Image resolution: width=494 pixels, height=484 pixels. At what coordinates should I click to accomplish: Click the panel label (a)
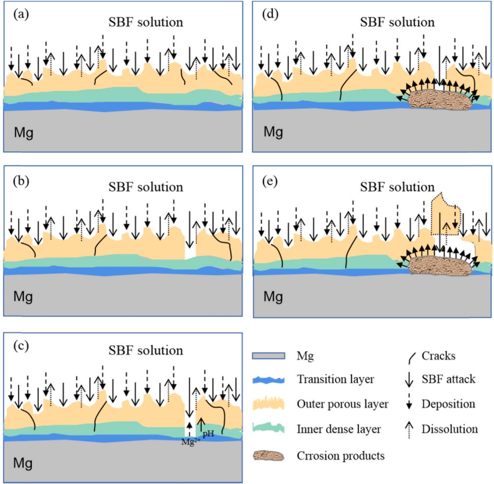(21, 14)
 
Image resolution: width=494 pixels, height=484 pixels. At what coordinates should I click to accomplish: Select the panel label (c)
(21, 346)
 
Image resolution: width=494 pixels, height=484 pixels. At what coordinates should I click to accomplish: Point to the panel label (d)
(270, 14)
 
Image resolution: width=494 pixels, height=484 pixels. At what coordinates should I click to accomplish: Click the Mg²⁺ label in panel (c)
(191, 442)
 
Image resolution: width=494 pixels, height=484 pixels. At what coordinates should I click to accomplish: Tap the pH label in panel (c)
(208, 434)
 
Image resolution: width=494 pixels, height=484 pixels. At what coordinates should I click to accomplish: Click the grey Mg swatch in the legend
(268, 356)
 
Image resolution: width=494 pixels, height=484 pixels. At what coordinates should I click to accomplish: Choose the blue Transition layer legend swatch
(268, 380)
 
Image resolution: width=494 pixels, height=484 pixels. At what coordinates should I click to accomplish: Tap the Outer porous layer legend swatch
(268, 403)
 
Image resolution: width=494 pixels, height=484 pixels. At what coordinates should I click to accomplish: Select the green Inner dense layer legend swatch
(268, 428)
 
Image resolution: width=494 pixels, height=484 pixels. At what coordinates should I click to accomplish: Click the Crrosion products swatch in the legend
(268, 456)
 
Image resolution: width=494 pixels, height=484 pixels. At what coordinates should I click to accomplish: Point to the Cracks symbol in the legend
(412, 358)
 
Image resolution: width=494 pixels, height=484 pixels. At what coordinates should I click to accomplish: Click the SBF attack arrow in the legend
(409, 379)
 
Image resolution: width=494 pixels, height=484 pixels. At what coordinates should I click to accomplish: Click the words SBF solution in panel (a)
(146, 22)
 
